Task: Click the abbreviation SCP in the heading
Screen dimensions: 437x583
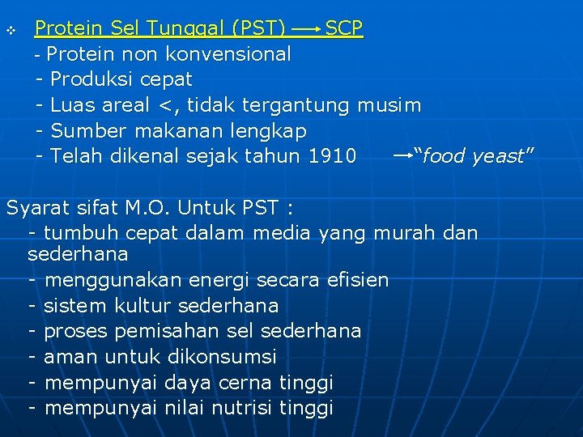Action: pos(344,29)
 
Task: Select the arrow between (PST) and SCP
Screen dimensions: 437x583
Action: pos(306,30)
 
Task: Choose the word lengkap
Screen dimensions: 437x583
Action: pos(268,130)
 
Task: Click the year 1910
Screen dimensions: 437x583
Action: pos(332,155)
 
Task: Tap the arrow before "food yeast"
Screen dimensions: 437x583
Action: pos(402,154)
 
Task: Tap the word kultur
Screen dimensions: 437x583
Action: pos(141,306)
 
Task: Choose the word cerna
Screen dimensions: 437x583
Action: pos(246,382)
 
